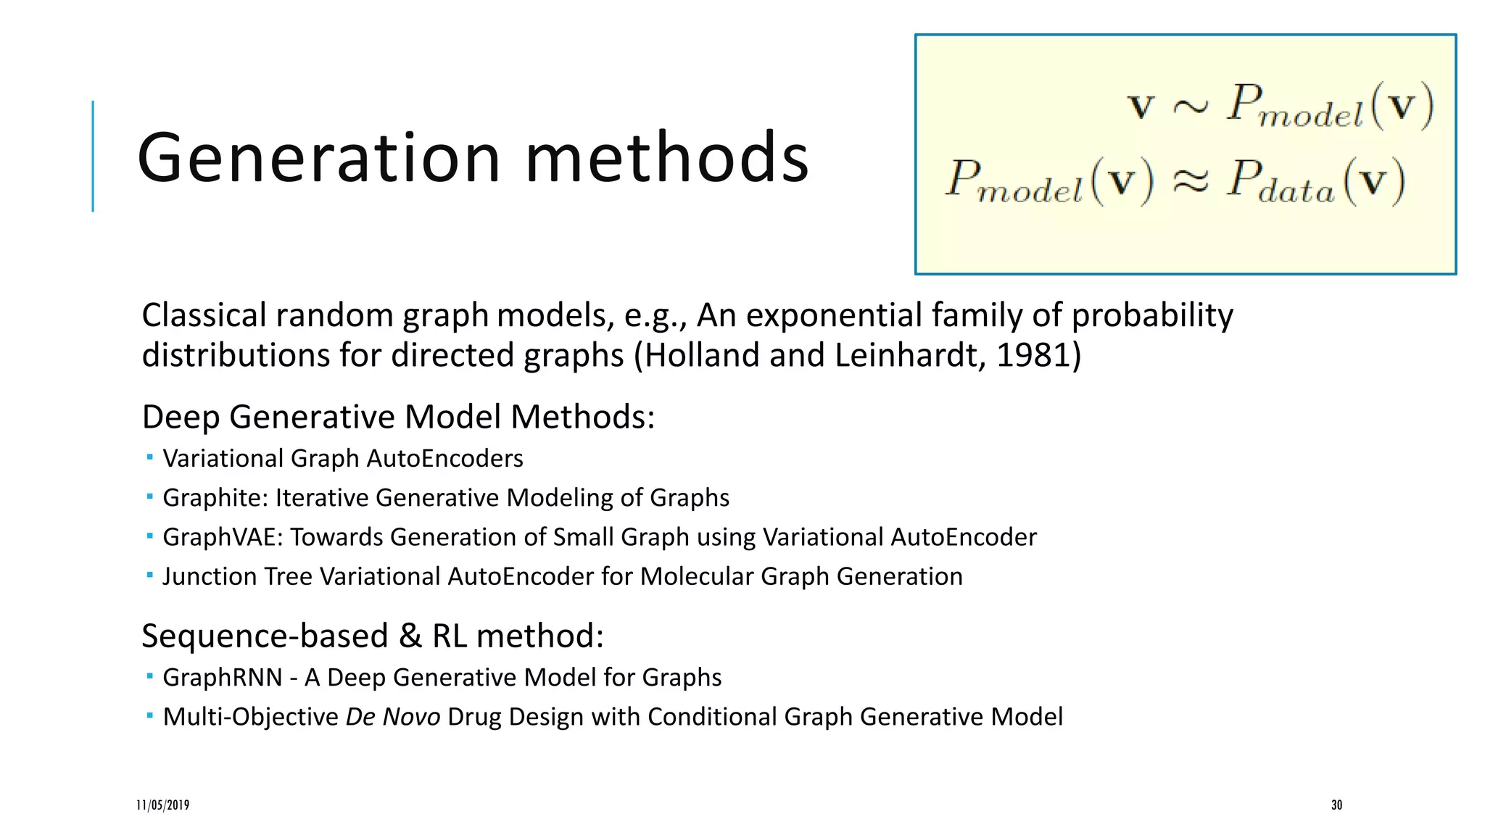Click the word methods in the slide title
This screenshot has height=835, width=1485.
pos(666,158)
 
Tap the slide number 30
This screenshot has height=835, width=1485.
pos(1336,805)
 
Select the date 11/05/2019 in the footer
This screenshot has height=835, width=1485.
pos(163,805)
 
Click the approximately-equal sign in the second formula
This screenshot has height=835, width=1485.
pos(1191,181)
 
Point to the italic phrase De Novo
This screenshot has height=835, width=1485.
pos(392,717)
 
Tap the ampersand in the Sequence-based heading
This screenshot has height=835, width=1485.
pos(410,636)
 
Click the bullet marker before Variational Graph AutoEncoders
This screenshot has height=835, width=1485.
pos(149,457)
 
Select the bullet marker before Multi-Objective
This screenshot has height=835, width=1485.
pos(149,715)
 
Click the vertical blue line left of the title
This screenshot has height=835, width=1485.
pos(93,156)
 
